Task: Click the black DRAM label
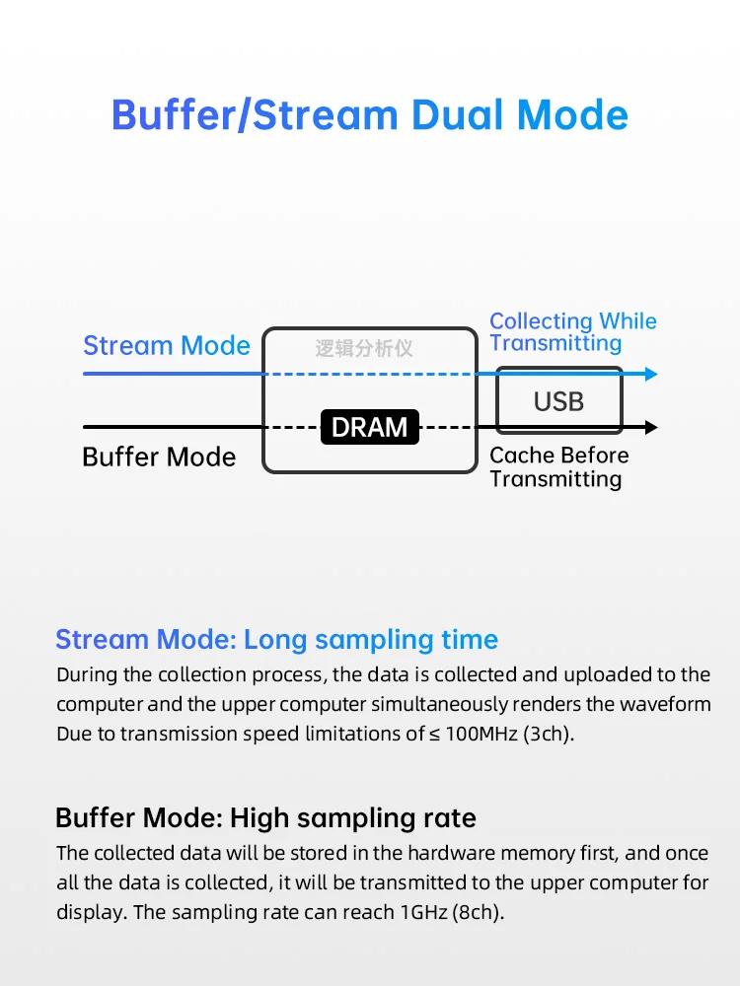click(369, 427)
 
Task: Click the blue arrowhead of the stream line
click(651, 374)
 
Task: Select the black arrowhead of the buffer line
click(651, 428)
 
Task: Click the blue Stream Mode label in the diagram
click(167, 346)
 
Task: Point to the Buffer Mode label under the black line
click(159, 458)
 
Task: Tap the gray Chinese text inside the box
click(364, 348)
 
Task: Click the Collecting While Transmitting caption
click(572, 332)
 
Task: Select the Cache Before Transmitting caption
click(558, 467)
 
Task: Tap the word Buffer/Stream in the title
click(255, 115)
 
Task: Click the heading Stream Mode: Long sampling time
click(277, 640)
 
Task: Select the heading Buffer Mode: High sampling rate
click(265, 818)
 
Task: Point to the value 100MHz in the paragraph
click(481, 734)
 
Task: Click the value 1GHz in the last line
click(424, 912)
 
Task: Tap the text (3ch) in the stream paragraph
click(549, 734)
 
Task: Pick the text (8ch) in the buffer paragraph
click(479, 912)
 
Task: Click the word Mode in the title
click(572, 115)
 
